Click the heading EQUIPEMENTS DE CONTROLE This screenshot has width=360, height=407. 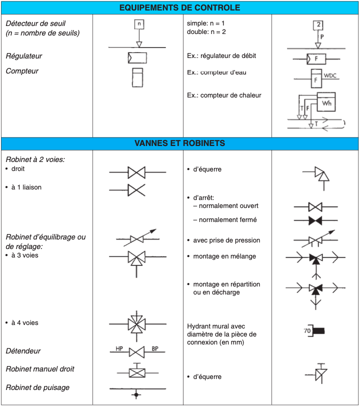point(180,8)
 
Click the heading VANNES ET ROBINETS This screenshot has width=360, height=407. point(180,143)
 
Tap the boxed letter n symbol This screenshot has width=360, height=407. point(139,23)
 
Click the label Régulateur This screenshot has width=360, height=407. point(24,56)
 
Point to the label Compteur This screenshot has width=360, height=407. point(22,71)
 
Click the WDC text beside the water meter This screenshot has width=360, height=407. point(331,75)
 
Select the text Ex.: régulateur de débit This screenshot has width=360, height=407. point(221,56)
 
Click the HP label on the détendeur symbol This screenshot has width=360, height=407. point(119,348)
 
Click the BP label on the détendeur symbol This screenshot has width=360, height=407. point(155,348)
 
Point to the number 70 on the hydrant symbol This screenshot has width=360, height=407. point(307,331)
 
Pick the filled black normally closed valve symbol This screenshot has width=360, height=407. point(315,220)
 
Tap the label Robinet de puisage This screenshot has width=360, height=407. point(37,387)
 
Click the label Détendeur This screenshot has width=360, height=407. point(23,351)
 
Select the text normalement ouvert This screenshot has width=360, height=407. point(228,205)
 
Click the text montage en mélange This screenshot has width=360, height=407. point(224,256)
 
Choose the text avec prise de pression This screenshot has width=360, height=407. point(226,240)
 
